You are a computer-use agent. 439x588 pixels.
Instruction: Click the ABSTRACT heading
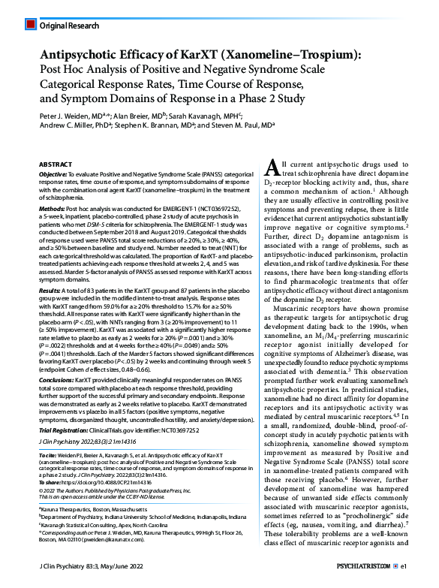click(56, 164)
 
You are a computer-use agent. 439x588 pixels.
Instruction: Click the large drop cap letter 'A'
click(272, 170)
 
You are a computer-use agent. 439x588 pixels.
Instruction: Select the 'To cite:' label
click(50, 455)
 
